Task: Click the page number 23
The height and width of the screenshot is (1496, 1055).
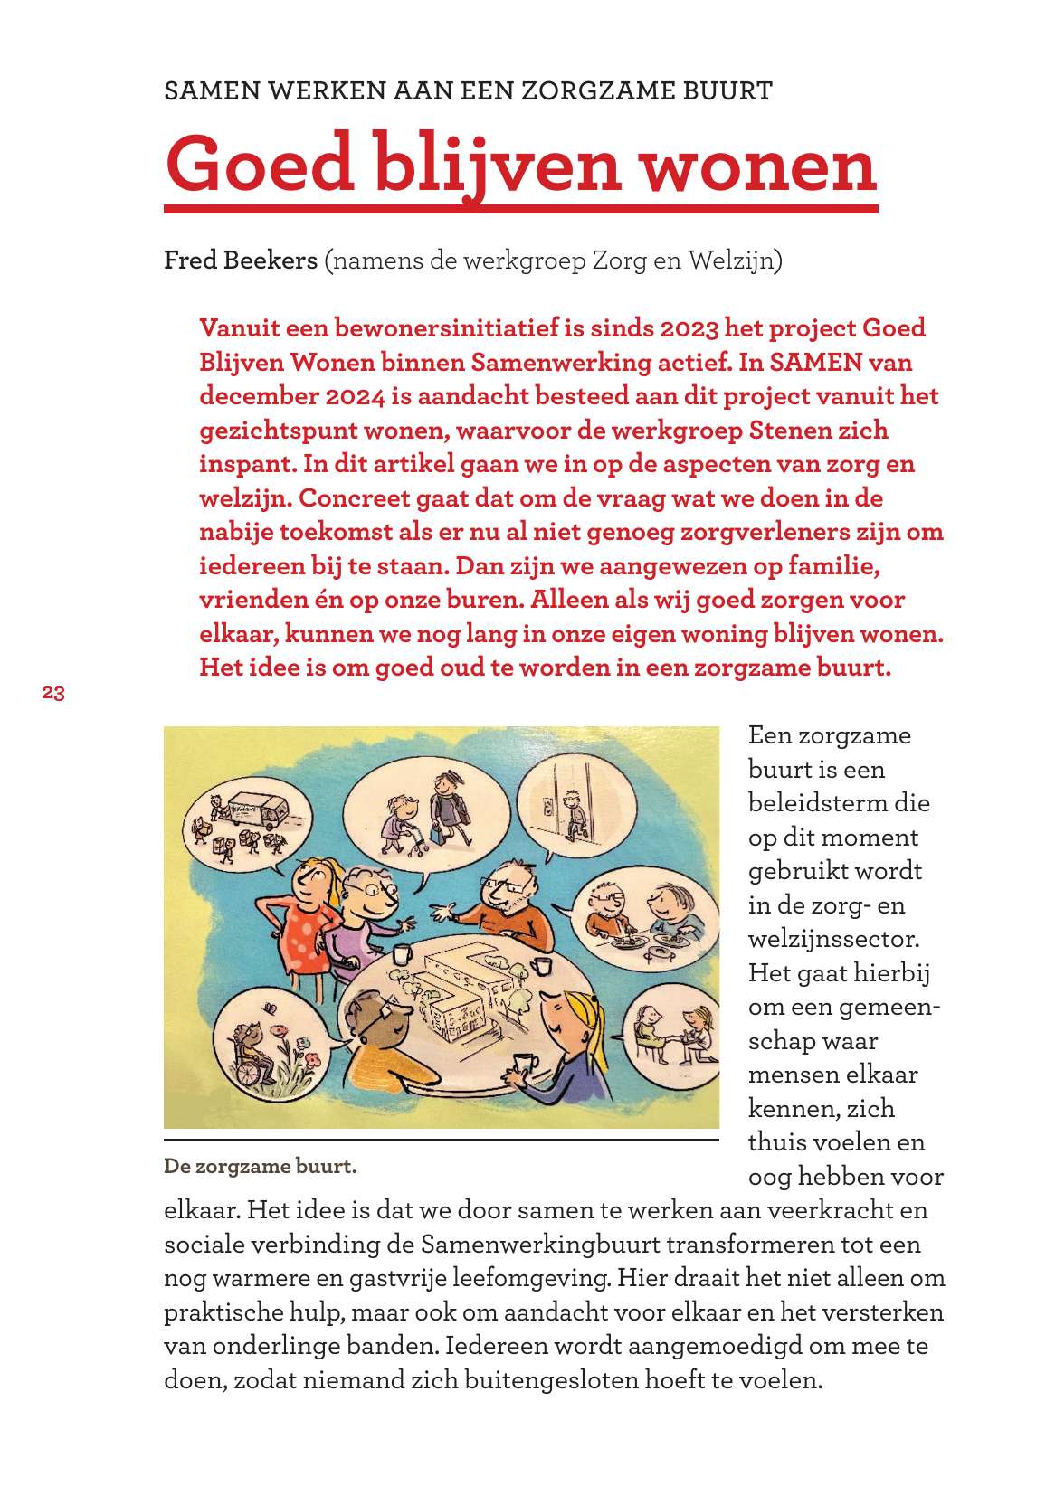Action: click(52, 695)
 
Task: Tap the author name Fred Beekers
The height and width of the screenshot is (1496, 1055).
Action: click(241, 261)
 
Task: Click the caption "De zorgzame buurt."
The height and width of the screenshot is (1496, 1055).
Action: click(261, 1166)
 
